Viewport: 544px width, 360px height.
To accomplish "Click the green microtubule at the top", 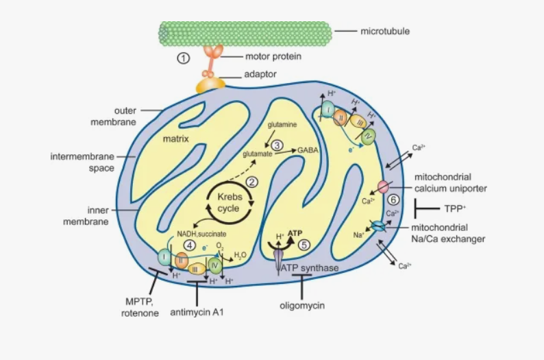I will [x=245, y=32].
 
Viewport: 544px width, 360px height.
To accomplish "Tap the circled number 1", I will [x=183, y=58].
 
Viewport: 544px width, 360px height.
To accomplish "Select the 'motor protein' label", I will [x=273, y=56].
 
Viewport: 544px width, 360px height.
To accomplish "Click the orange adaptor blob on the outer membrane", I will [x=210, y=85].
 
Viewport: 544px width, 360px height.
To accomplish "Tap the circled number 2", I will [x=252, y=182].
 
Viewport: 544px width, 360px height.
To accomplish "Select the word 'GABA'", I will [x=308, y=149].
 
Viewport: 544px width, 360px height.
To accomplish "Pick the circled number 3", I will [x=277, y=145].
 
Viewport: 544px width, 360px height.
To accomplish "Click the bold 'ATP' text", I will [x=295, y=233].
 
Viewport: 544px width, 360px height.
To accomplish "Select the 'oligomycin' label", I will [x=301, y=304].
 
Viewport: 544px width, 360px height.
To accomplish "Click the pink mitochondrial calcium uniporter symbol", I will [x=383, y=187].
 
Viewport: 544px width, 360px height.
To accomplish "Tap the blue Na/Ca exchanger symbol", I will [x=379, y=226].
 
